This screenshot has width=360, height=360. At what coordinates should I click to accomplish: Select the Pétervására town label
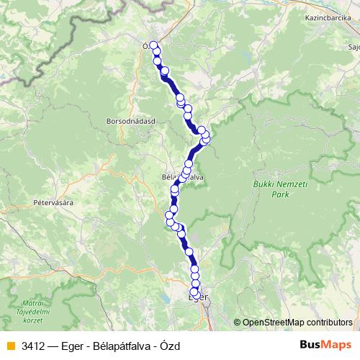point(53,203)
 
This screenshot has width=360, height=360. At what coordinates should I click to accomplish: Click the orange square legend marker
point(11,346)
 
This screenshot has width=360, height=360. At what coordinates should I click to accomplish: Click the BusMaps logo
point(326,345)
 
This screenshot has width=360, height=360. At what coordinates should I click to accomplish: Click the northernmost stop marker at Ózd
point(153,45)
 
